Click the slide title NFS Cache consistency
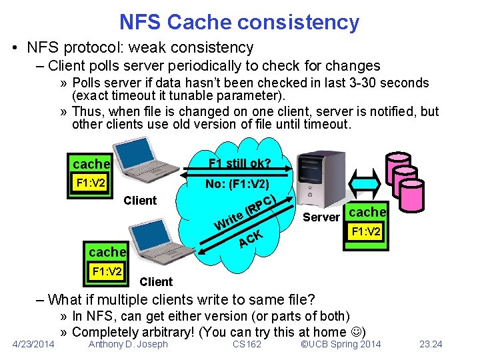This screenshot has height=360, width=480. (239, 22)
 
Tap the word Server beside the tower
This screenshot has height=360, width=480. (321, 217)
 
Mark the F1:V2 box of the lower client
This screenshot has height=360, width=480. (107, 271)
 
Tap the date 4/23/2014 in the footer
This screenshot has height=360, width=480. (34, 344)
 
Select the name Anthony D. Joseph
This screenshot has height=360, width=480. (128, 344)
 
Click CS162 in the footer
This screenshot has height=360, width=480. (248, 344)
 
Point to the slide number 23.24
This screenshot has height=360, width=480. (431, 344)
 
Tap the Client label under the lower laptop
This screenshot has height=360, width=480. (156, 282)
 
